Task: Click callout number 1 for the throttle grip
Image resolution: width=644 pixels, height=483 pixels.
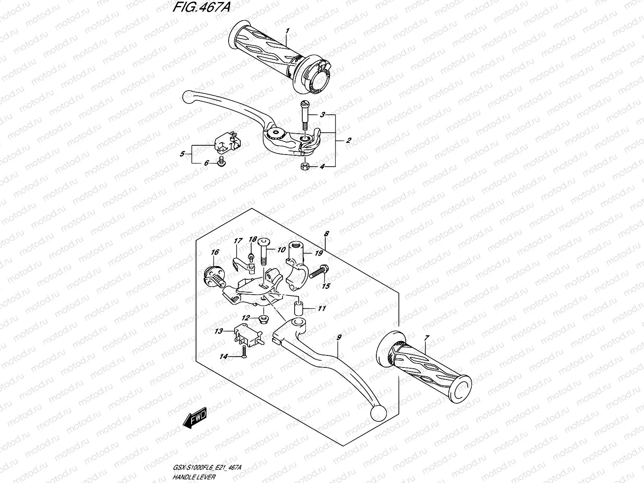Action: point(287,31)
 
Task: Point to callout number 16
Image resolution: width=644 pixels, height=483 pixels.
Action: point(215,252)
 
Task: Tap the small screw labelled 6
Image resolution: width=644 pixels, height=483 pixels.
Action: point(221,162)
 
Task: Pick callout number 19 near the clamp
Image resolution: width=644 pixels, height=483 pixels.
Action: point(319,253)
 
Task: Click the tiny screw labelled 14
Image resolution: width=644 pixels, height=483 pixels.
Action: point(244,357)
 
